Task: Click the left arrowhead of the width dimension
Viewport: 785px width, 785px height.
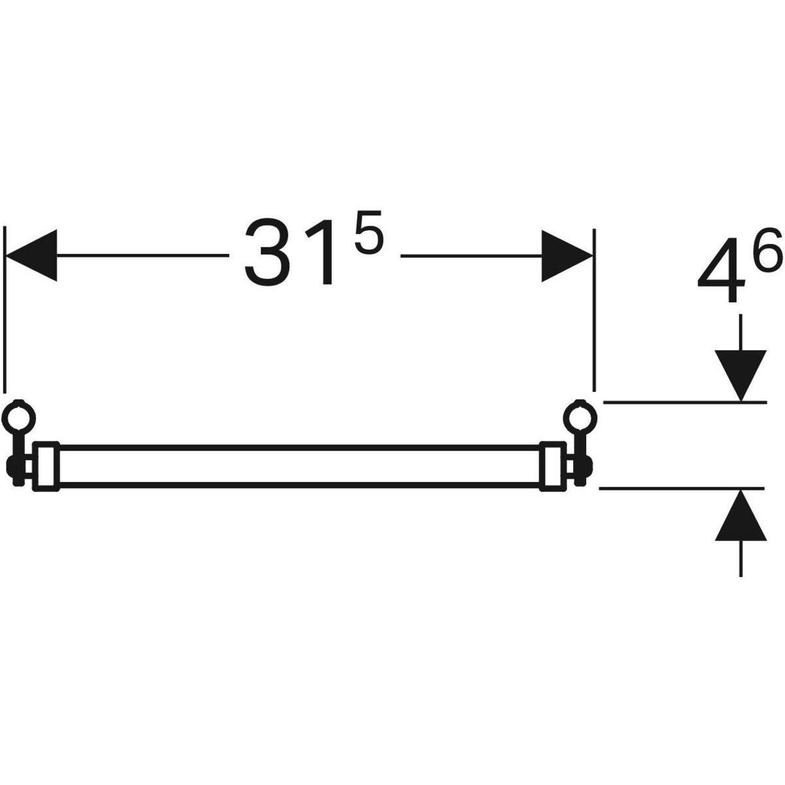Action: (31, 255)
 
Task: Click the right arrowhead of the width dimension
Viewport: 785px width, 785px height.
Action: (567, 256)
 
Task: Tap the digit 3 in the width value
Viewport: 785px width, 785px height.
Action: (268, 252)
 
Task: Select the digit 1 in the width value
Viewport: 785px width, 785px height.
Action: (319, 252)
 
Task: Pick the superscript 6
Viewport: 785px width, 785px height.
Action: (767, 249)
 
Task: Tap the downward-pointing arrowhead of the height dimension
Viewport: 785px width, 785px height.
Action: (741, 375)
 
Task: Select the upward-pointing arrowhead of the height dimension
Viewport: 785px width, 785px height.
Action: (741, 515)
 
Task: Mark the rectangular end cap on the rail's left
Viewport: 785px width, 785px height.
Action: (46, 466)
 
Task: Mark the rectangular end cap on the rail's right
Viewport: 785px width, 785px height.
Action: (553, 466)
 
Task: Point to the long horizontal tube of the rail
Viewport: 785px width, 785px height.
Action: (300, 466)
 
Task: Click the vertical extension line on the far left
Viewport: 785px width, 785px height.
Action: (5, 309)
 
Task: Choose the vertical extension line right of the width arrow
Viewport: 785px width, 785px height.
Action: (595, 310)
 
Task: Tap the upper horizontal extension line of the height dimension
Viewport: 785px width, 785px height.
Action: (685, 402)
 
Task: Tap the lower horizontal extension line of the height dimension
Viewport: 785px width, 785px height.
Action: (682, 488)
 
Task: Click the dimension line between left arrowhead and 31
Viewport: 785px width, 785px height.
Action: (143, 255)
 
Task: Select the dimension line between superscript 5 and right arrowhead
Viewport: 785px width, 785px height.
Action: (471, 256)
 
